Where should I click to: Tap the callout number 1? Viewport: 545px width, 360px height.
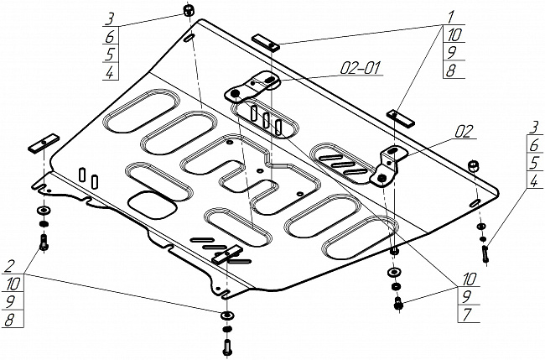450,18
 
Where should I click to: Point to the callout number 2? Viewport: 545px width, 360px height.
8,267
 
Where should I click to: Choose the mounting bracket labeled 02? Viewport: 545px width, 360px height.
389,164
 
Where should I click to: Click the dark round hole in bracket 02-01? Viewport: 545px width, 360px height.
236,93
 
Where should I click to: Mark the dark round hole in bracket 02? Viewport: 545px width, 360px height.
382,177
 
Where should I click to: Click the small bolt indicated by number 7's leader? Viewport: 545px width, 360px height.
397,304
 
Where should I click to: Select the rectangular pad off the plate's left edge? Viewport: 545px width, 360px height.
41,144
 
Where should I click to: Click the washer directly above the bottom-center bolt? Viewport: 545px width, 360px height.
226,316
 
